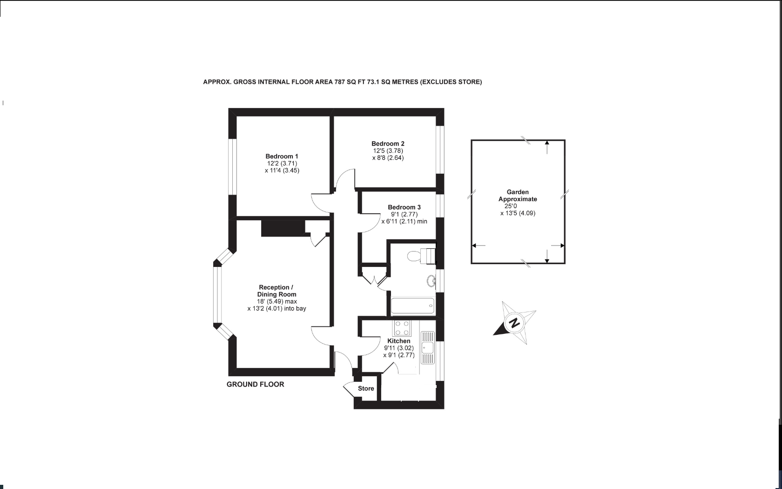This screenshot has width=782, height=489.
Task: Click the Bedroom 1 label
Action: click(x=282, y=156)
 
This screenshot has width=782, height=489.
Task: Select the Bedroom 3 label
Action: click(x=404, y=207)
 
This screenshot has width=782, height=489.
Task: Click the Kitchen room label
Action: click(x=398, y=341)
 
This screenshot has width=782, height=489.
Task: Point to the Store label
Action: click(x=366, y=388)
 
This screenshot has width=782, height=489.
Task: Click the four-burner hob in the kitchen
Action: click(x=402, y=328)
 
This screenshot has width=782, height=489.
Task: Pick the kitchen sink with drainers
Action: click(x=427, y=347)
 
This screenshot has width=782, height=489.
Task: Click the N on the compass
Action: click(x=514, y=323)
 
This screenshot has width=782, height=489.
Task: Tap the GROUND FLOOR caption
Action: click(x=255, y=384)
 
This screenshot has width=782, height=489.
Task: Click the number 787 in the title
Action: click(x=340, y=82)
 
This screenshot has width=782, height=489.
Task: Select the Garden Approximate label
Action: click(x=518, y=196)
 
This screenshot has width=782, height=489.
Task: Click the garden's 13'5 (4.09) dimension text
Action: click(x=521, y=213)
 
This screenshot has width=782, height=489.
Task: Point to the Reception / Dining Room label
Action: click(x=276, y=291)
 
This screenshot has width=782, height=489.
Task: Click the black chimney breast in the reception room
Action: click(x=283, y=228)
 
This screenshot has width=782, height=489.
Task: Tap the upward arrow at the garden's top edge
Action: click(x=547, y=146)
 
